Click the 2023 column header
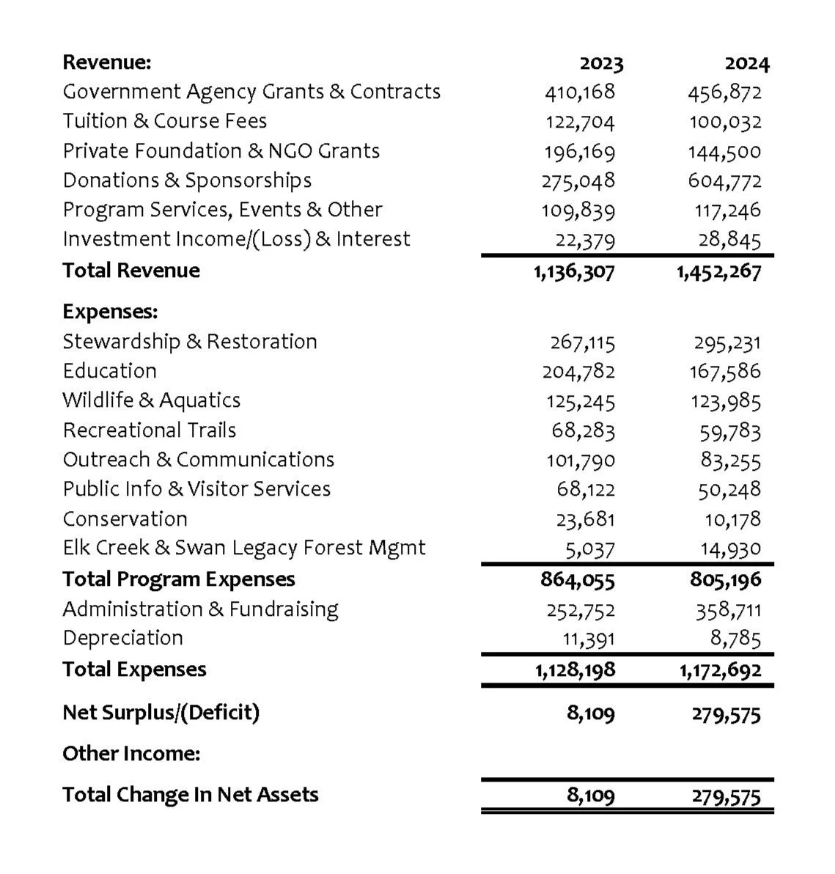click(601, 64)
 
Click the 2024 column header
click(747, 64)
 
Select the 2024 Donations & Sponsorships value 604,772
click(724, 180)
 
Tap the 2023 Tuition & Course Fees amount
click(579, 122)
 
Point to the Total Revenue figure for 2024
click(718, 271)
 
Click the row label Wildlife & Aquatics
click(151, 400)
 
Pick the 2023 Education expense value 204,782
click(578, 372)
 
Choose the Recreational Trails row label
click(149, 430)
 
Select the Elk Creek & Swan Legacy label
click(243, 548)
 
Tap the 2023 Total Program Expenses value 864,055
click(578, 579)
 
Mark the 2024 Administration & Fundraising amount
click(728, 609)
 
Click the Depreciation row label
click(122, 638)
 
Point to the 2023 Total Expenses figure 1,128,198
click(574, 669)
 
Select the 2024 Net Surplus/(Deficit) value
click(726, 713)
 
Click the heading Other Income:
click(131, 754)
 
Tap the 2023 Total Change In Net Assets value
click(591, 796)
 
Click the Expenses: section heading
click(110, 312)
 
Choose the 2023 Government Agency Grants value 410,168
click(579, 92)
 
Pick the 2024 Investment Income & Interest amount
click(731, 239)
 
